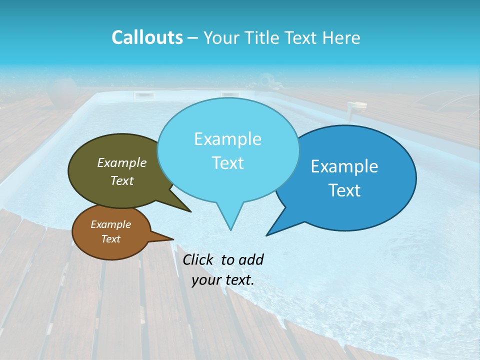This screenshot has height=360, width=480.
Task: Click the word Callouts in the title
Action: pyautogui.click(x=147, y=37)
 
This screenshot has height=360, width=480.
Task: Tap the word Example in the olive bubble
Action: pyautogui.click(x=122, y=162)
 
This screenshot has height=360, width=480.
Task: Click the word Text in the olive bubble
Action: pyautogui.click(x=122, y=180)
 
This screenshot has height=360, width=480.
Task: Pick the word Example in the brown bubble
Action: pyautogui.click(x=110, y=224)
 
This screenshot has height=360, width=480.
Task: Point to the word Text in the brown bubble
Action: pyautogui.click(x=110, y=239)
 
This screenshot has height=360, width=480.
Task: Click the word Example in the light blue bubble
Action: pyautogui.click(x=227, y=139)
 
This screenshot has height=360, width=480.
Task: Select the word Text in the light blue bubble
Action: pyautogui.click(x=227, y=163)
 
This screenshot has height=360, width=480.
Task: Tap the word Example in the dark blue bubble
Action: pyautogui.click(x=344, y=166)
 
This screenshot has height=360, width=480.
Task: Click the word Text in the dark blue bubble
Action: pyautogui.click(x=344, y=190)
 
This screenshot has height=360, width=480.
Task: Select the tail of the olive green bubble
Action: pyautogui.click(x=188, y=209)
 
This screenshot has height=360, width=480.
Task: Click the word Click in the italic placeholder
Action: pyautogui.click(x=197, y=259)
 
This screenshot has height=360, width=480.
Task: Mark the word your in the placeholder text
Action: pyautogui.click(x=206, y=280)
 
